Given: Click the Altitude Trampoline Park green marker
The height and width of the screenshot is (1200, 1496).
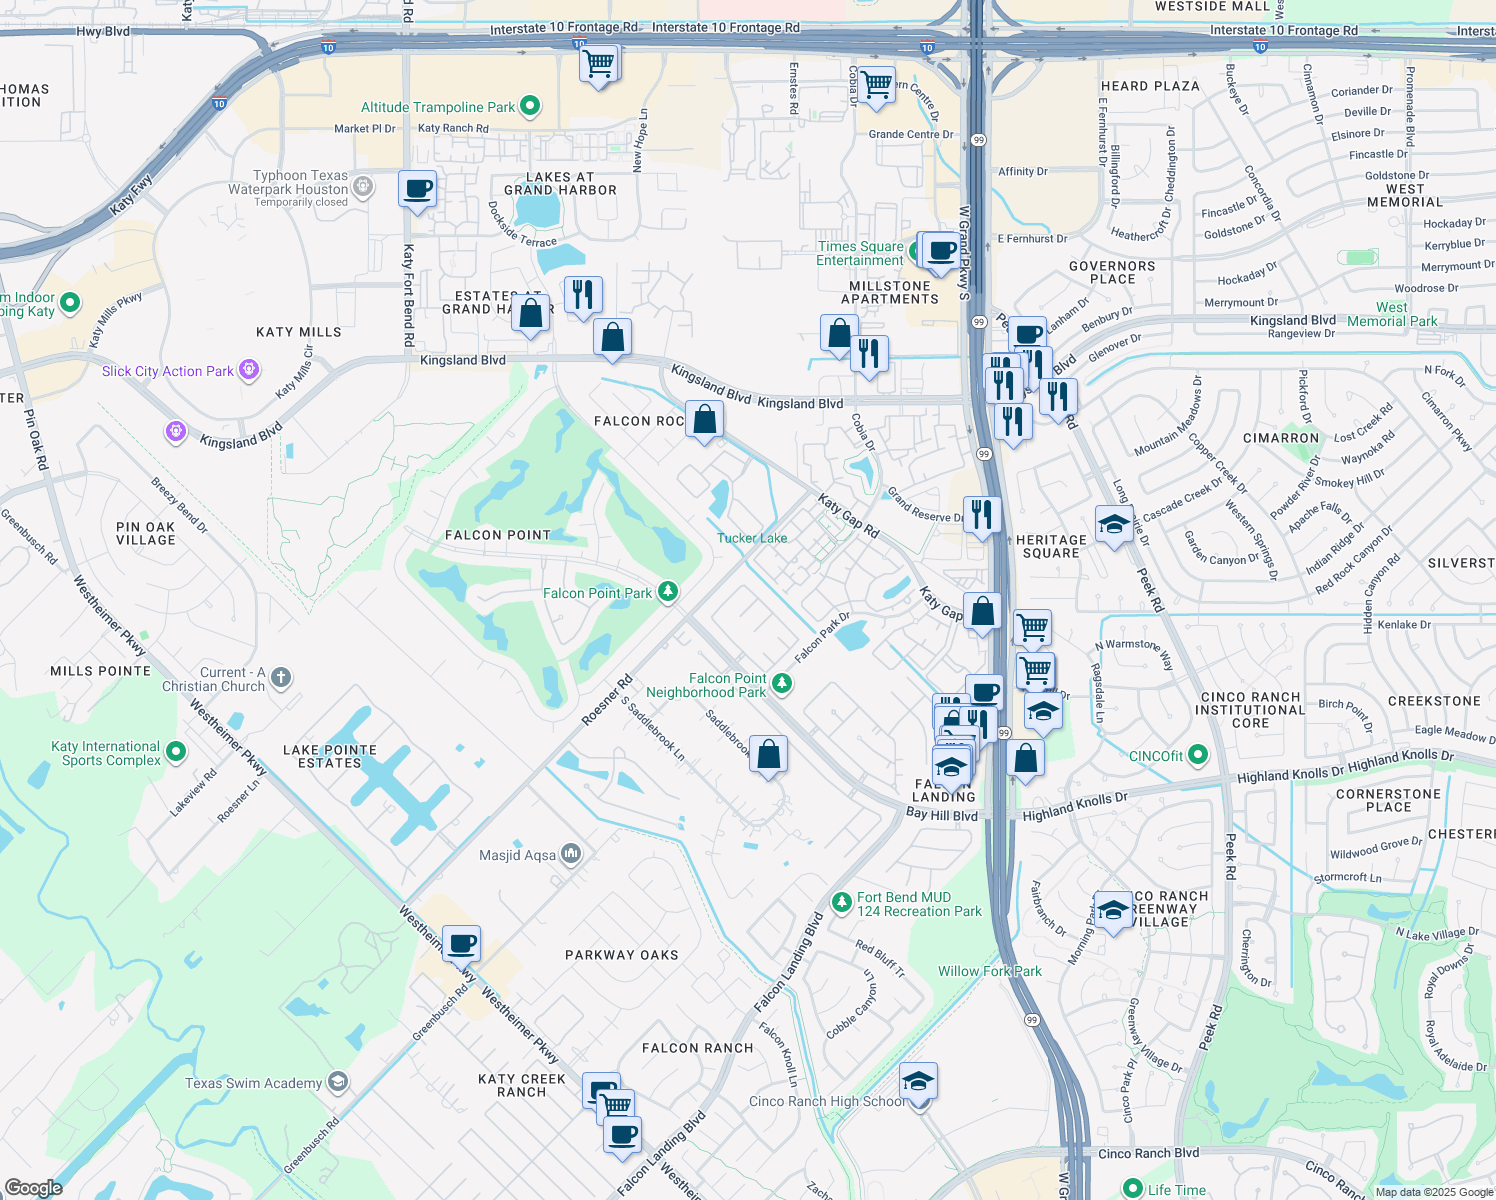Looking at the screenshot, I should pyautogui.click(x=530, y=106).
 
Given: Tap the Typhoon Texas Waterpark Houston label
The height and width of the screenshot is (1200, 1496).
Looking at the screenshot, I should pyautogui.click(x=288, y=183).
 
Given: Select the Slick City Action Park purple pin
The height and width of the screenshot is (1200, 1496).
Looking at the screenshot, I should pyautogui.click(x=249, y=371).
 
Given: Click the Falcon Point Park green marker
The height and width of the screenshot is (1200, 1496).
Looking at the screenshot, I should pyautogui.click(x=667, y=592).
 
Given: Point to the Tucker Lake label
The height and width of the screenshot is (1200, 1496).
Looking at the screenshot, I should pyautogui.click(x=752, y=538).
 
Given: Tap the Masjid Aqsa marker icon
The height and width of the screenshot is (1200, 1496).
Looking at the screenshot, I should pyautogui.click(x=571, y=854).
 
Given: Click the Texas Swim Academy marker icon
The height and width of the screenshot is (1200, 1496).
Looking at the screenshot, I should pyautogui.click(x=338, y=1082).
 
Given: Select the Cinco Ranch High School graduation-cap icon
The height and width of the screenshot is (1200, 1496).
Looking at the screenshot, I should pyautogui.click(x=918, y=1082).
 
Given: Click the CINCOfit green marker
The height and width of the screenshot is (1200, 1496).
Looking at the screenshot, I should pyautogui.click(x=1198, y=755).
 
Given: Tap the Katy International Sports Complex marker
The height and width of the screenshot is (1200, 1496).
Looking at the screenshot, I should pyautogui.click(x=176, y=751).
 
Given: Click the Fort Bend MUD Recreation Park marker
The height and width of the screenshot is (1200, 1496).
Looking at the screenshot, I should pyautogui.click(x=842, y=903).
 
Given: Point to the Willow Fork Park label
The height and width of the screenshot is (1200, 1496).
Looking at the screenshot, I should pyautogui.click(x=989, y=971).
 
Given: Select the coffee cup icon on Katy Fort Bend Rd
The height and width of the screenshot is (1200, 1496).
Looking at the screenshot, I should pyautogui.click(x=417, y=189).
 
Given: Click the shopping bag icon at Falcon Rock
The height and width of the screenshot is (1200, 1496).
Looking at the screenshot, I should pyautogui.click(x=704, y=420).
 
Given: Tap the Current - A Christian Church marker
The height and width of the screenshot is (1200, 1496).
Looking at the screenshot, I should pyautogui.click(x=281, y=678).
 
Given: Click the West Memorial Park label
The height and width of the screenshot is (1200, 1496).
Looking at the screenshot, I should pyautogui.click(x=1391, y=314).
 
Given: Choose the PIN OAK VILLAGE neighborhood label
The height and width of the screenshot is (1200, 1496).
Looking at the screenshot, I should pyautogui.click(x=146, y=533).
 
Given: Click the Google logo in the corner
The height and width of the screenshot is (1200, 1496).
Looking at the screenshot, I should pyautogui.click(x=33, y=1188).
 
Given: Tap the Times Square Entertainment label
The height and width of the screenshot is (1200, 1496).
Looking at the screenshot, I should pyautogui.click(x=860, y=253).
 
